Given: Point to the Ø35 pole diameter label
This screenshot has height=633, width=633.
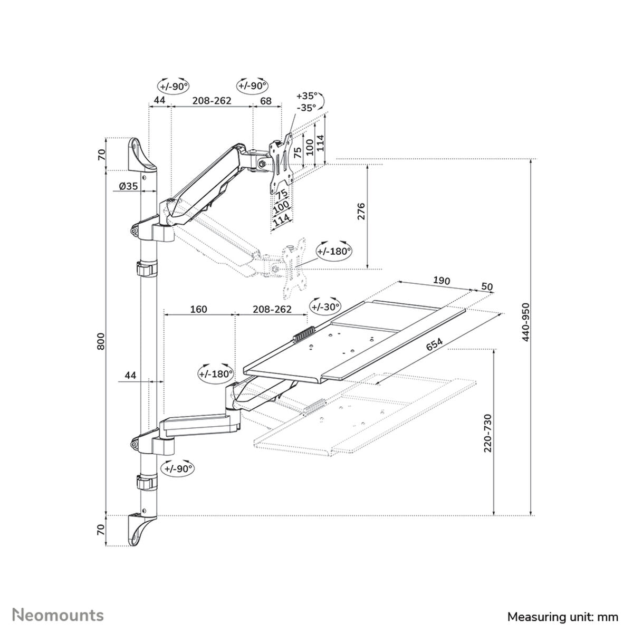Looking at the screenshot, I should pyautogui.click(x=128, y=186).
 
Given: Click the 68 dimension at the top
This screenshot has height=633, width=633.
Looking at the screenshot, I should pyautogui.click(x=266, y=100).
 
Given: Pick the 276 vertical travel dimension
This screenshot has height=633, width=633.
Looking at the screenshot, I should pyautogui.click(x=361, y=212).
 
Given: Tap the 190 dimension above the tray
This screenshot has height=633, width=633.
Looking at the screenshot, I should pyautogui.click(x=442, y=281).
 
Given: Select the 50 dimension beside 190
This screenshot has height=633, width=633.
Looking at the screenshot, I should pyautogui.click(x=487, y=287).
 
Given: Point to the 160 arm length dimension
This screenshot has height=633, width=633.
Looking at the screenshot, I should pyautogui.click(x=198, y=309).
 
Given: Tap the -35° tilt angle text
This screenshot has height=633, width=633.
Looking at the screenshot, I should pyautogui.click(x=306, y=107).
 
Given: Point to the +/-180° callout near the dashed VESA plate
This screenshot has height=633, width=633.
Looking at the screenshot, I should pyautogui.click(x=333, y=251).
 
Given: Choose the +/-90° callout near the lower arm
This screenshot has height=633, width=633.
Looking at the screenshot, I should pyautogui.click(x=178, y=468).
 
